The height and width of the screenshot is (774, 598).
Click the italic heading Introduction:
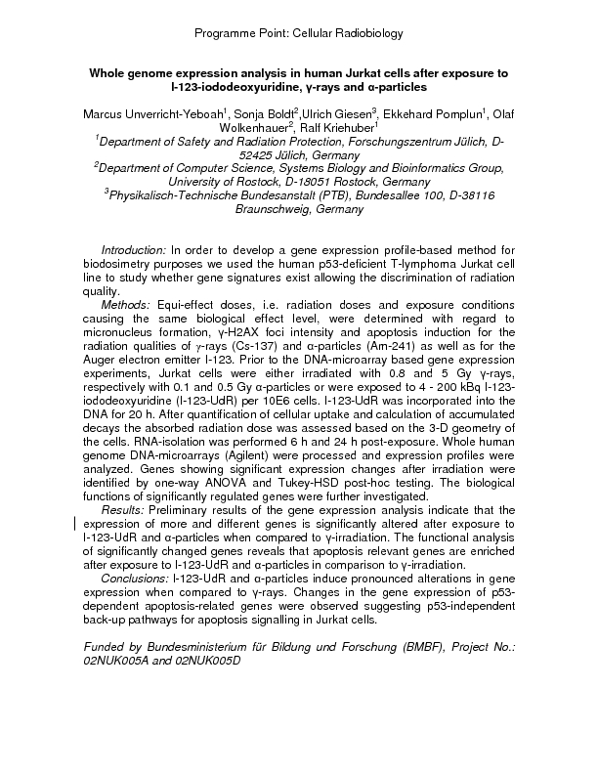[x=134, y=250]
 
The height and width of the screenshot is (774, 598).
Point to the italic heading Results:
[x=123, y=509]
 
